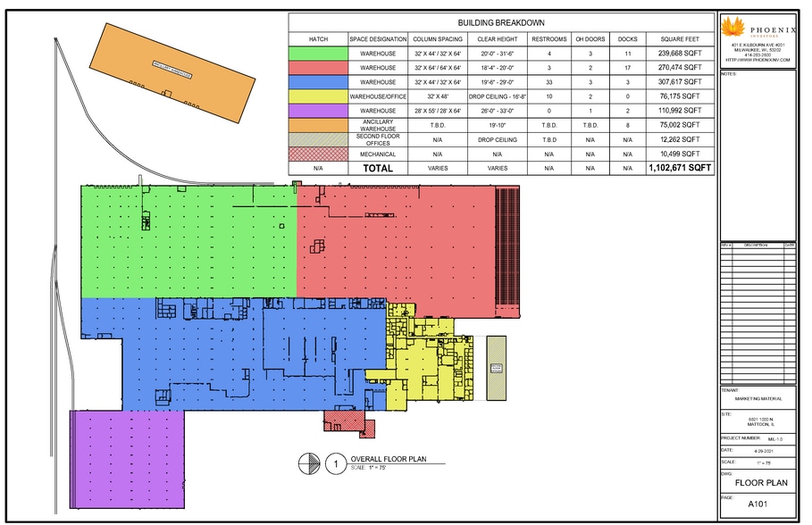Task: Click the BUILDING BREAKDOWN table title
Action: (501, 22)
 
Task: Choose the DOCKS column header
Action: (628, 39)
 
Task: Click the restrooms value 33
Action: (548, 81)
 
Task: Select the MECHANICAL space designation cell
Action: (378, 154)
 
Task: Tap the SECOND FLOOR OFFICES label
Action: (378, 139)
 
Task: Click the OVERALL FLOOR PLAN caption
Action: (388, 461)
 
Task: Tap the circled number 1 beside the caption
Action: (335, 463)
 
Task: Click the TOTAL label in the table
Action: (378, 167)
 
